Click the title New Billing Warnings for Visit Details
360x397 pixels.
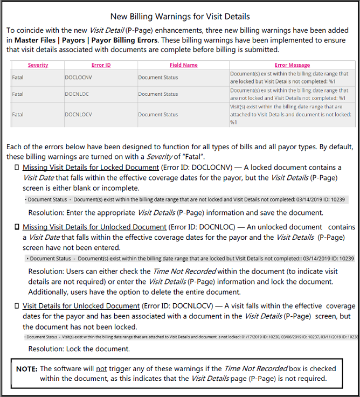[180, 17]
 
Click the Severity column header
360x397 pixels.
[38, 65]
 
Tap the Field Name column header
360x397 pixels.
[183, 65]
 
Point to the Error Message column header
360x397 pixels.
[292, 65]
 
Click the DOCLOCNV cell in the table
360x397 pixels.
[80, 78]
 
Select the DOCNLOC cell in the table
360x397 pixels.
[78, 94]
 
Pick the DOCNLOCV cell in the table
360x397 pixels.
[80, 114]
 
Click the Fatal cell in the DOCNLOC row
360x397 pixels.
[18, 94]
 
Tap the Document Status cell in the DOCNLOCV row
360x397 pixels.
[158, 114]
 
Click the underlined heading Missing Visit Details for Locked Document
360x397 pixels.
[91, 168]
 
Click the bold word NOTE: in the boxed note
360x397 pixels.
[26, 369]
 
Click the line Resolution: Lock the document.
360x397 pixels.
[79, 349]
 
